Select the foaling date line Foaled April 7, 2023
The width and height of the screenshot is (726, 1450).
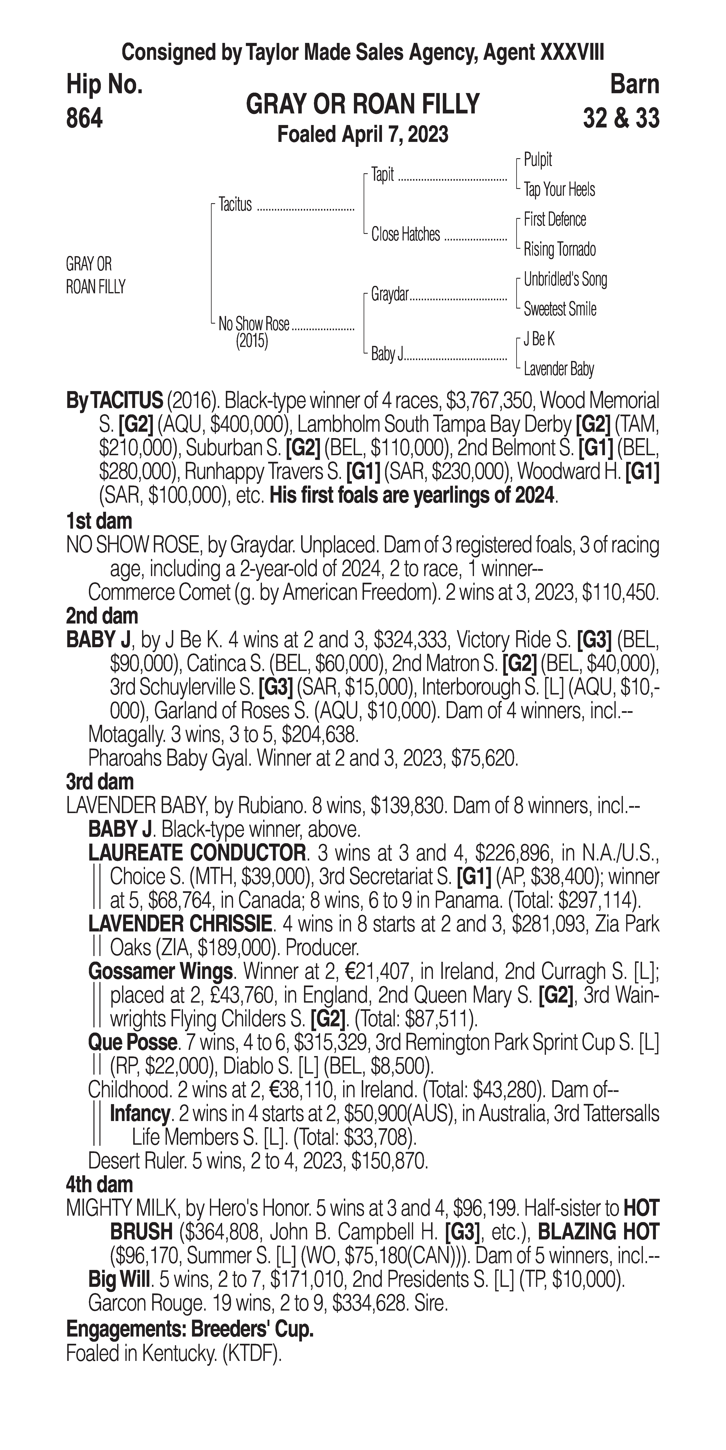point(363,134)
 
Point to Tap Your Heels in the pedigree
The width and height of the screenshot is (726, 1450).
point(559,190)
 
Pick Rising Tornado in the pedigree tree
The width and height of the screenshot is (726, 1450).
point(559,249)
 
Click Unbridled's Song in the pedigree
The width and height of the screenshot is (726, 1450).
point(565,279)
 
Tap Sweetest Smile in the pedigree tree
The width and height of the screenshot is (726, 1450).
point(559,309)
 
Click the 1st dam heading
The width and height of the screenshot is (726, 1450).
point(99,521)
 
